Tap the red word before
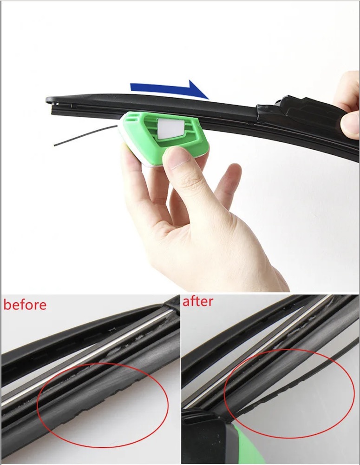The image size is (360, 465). pyautogui.click(x=25, y=305)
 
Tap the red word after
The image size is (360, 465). pyautogui.click(x=197, y=301)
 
